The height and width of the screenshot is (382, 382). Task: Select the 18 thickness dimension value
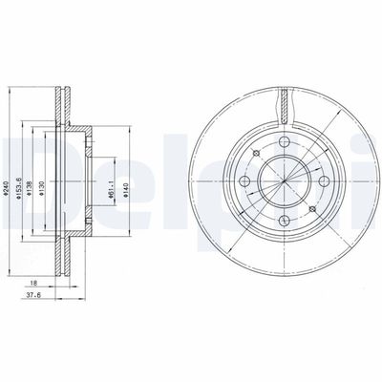click(33, 284)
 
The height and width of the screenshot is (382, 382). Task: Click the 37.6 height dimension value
click(33, 297)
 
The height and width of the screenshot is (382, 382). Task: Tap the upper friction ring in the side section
click(64, 105)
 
